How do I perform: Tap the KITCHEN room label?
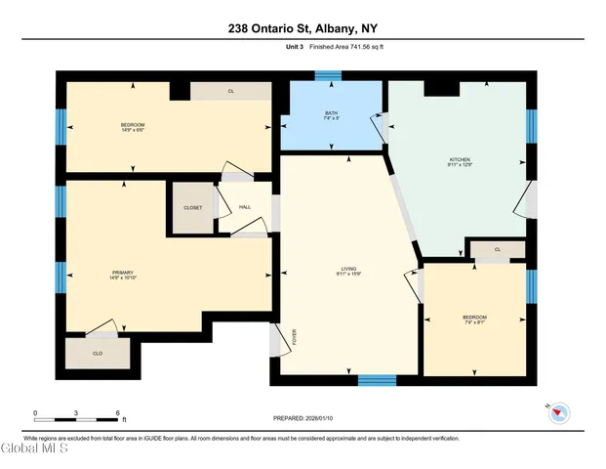click(461, 159)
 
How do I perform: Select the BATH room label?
click(331, 113)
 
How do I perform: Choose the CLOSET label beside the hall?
click(192, 207)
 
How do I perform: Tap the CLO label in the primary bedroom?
click(97, 353)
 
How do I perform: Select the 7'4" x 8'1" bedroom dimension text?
click(474, 323)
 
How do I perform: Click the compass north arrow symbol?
click(557, 414)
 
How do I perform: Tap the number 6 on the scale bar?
click(118, 413)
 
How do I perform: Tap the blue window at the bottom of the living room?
click(376, 380)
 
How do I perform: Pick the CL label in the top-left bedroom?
click(230, 91)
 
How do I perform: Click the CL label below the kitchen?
click(498, 249)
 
